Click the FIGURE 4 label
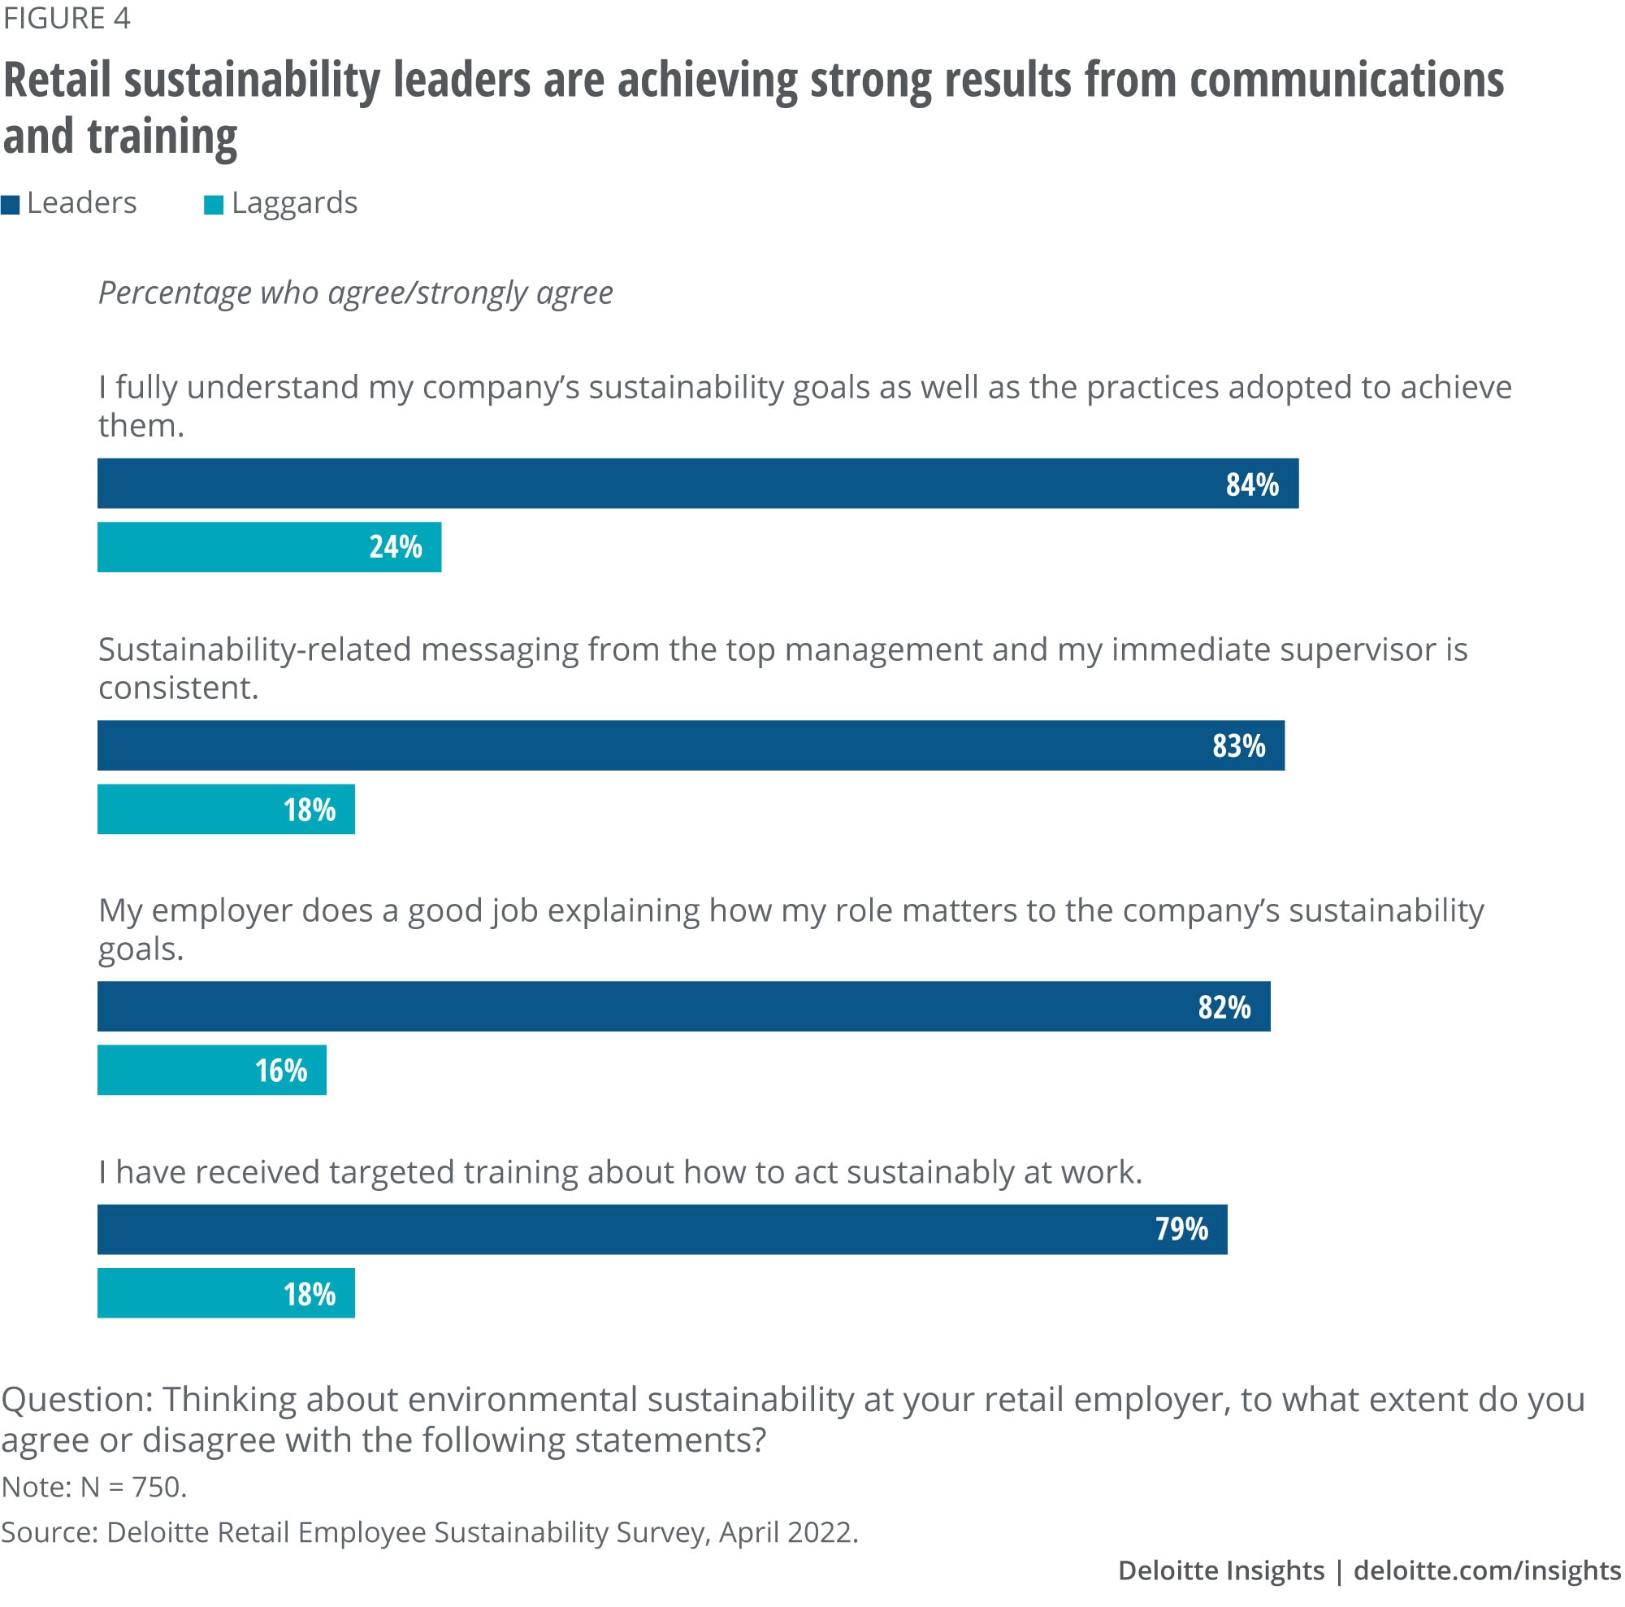click(x=67, y=19)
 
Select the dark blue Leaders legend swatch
click(x=10, y=206)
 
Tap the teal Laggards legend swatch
click(x=214, y=206)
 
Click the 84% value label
click(x=1251, y=484)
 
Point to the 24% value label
click(x=396, y=547)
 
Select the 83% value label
click(x=1238, y=745)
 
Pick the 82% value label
click(x=1224, y=1007)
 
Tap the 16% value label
click(x=281, y=1071)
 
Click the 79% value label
click(x=1181, y=1229)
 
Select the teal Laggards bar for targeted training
click(x=225, y=1293)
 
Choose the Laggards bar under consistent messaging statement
click(x=225, y=810)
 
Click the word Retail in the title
click(x=57, y=80)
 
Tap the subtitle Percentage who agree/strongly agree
click(x=355, y=293)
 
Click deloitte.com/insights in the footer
click(x=1487, y=1570)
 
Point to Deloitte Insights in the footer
click(x=1220, y=1570)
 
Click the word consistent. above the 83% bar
click(x=178, y=688)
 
